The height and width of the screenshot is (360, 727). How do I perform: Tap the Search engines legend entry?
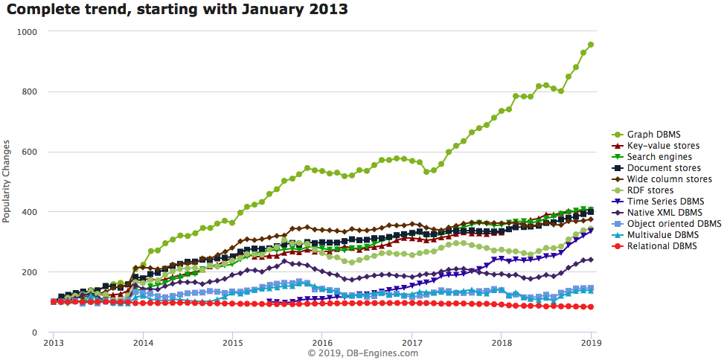click(x=659, y=157)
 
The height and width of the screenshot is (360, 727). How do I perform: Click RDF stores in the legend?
click(x=650, y=190)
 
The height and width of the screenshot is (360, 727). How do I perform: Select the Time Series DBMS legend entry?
click(x=664, y=202)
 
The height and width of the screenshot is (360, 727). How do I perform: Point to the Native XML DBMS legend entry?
click(x=663, y=213)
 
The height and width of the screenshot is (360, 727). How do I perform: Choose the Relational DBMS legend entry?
click(x=662, y=245)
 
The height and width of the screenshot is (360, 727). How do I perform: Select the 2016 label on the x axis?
click(x=321, y=344)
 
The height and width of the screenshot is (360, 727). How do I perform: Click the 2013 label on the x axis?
click(x=53, y=344)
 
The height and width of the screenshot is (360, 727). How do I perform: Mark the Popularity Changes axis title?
click(x=7, y=181)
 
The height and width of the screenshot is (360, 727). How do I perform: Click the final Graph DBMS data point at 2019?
click(x=591, y=45)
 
